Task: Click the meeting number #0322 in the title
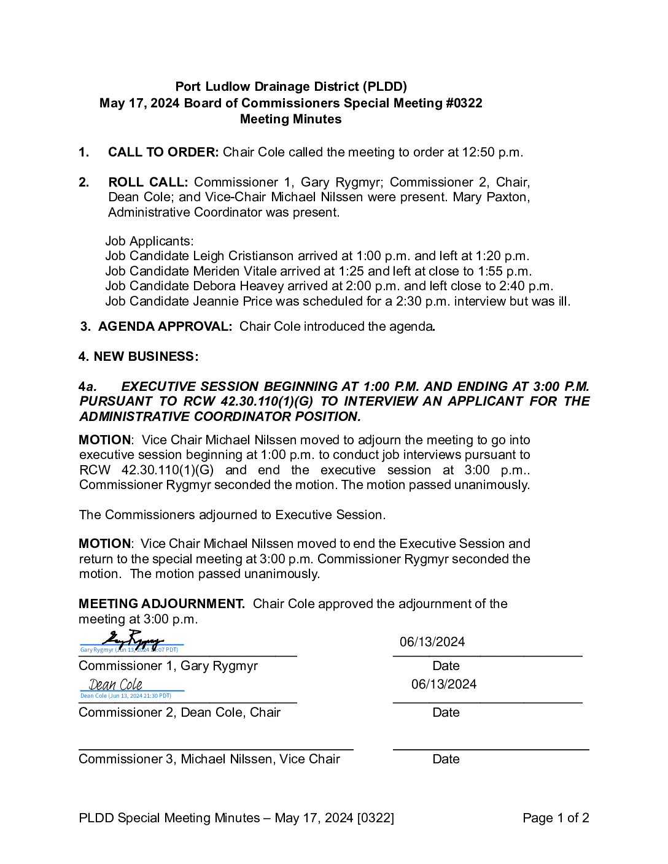(x=464, y=103)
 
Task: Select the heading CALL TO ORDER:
(x=163, y=152)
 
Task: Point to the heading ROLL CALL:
(x=148, y=182)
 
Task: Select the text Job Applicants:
(x=149, y=241)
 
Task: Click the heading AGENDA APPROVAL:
(x=165, y=326)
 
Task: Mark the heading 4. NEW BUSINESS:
(x=138, y=357)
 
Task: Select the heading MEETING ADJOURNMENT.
(x=161, y=604)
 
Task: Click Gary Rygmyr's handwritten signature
(x=132, y=640)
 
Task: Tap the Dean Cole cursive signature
(x=115, y=685)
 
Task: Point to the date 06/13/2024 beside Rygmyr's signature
(x=432, y=642)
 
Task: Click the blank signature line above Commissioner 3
(x=216, y=749)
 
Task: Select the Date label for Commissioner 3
(x=446, y=759)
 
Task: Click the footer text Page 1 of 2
(x=556, y=818)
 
